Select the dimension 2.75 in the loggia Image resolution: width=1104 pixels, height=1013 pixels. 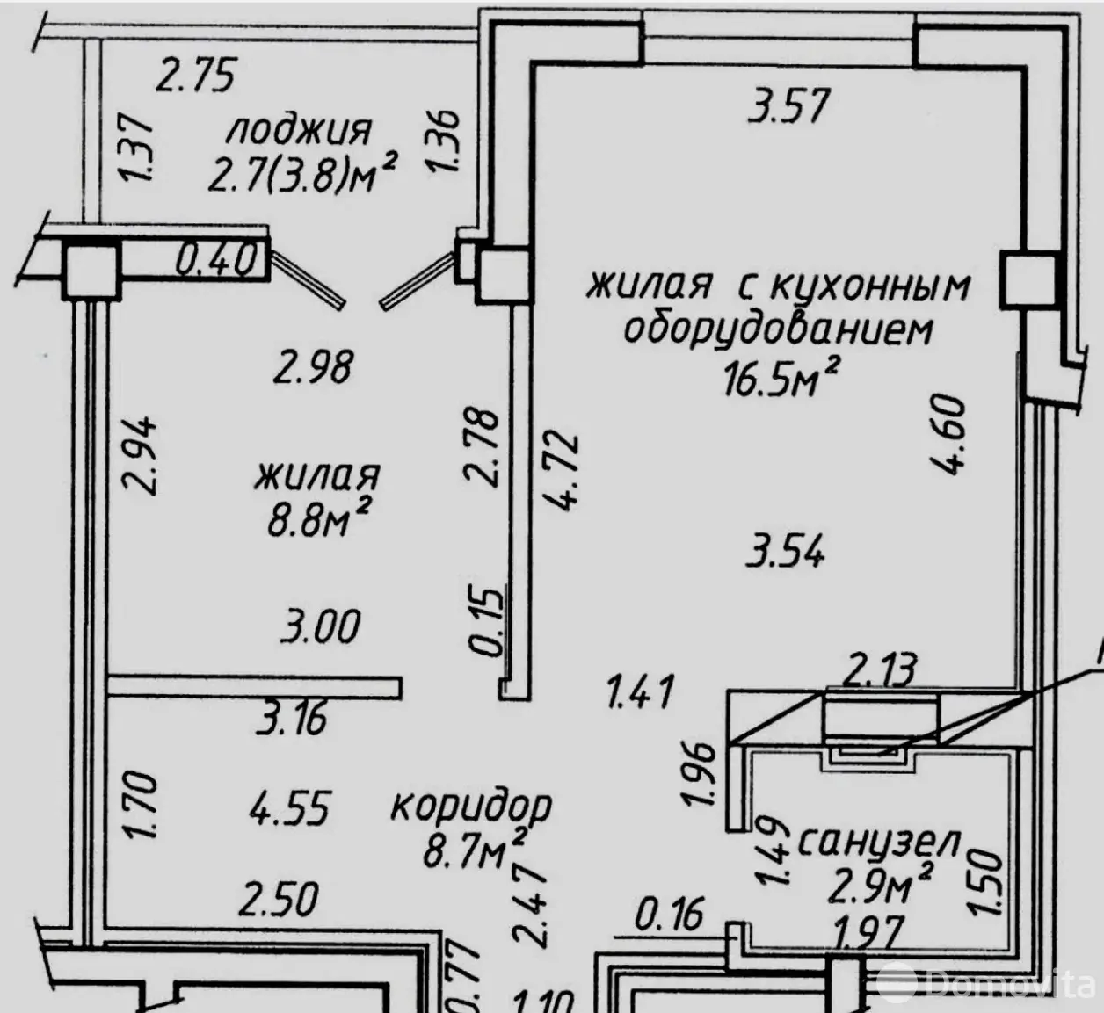point(197,75)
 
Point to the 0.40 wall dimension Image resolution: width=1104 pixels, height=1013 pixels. point(217,259)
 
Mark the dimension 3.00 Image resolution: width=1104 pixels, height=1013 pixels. point(320,626)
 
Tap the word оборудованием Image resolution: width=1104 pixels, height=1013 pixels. point(779,330)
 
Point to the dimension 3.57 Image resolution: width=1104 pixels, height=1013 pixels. point(788,106)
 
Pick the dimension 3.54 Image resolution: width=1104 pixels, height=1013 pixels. point(785,553)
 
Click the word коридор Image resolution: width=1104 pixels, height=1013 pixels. point(470,807)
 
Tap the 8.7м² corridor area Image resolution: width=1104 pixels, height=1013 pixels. point(473,850)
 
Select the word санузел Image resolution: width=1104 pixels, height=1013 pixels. point(879,843)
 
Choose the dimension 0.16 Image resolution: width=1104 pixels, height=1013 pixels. point(669,914)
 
